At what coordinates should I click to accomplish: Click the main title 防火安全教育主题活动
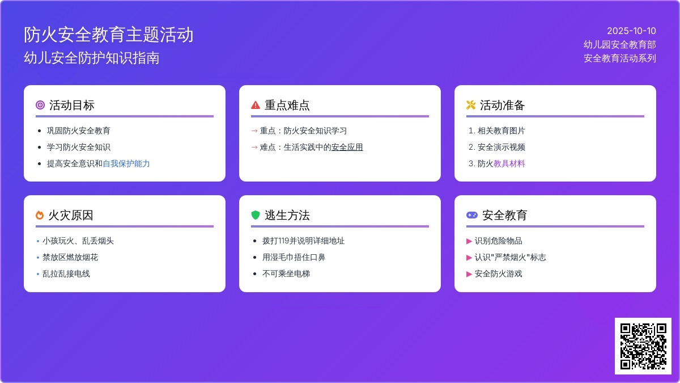(x=109, y=35)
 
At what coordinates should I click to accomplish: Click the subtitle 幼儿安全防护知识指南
(x=92, y=58)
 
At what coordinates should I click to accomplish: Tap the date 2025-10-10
(x=631, y=31)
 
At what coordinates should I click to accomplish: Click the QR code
(x=643, y=346)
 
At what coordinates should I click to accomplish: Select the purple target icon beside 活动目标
(x=40, y=105)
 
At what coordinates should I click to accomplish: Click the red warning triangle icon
(x=256, y=105)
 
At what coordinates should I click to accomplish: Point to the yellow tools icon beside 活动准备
(x=471, y=105)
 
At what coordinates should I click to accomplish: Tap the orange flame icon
(x=40, y=215)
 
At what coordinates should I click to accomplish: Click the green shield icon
(x=256, y=215)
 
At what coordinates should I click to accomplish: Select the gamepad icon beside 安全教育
(x=471, y=215)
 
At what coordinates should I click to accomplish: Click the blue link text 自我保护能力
(x=126, y=163)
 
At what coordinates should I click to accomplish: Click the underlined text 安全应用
(x=347, y=147)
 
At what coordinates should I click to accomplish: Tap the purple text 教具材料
(x=509, y=163)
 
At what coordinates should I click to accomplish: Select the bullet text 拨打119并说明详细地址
(x=303, y=241)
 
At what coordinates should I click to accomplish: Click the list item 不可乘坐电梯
(x=286, y=273)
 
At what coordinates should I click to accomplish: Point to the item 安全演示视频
(x=501, y=147)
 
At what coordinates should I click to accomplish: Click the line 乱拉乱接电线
(x=66, y=273)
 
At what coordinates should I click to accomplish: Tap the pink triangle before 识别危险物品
(x=469, y=241)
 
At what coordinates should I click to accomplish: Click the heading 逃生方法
(x=287, y=215)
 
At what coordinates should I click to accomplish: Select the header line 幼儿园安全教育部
(x=620, y=44)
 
